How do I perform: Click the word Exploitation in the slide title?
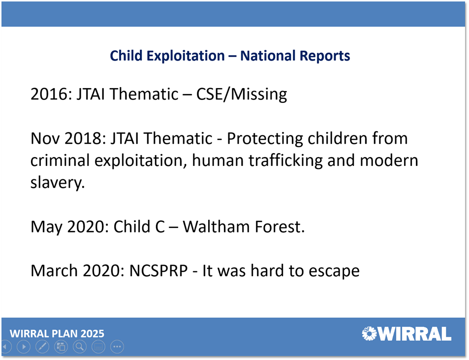tap(186, 56)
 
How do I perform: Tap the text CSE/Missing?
tap(242, 94)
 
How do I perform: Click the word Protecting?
tap(265, 139)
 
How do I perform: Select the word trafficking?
tap(285, 161)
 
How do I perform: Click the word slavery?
tap(58, 183)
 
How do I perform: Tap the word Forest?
tap(280, 227)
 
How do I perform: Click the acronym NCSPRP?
tap(158, 271)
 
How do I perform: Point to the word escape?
tap(334, 271)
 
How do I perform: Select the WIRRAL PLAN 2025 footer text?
tap(57, 333)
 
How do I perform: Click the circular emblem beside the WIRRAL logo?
tap(369, 333)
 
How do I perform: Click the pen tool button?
tap(42, 347)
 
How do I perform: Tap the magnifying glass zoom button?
tap(80, 347)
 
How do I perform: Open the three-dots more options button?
tap(117, 347)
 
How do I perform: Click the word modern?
tap(389, 161)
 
